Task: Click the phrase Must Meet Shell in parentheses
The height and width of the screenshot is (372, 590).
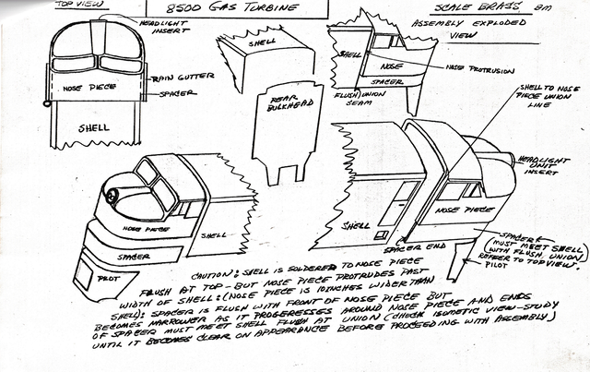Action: coord(539,242)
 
